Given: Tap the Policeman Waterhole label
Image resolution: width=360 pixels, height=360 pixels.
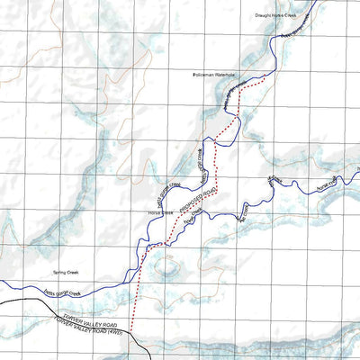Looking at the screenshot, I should point(212,75).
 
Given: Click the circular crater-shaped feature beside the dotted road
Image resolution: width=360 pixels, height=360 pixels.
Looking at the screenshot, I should point(167,266).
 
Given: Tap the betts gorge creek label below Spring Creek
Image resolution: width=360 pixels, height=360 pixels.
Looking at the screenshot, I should point(63,291).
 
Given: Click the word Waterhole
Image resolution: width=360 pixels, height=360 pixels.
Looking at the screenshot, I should point(224,75).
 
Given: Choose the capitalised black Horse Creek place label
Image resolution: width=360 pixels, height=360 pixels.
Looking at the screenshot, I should point(160,213).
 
